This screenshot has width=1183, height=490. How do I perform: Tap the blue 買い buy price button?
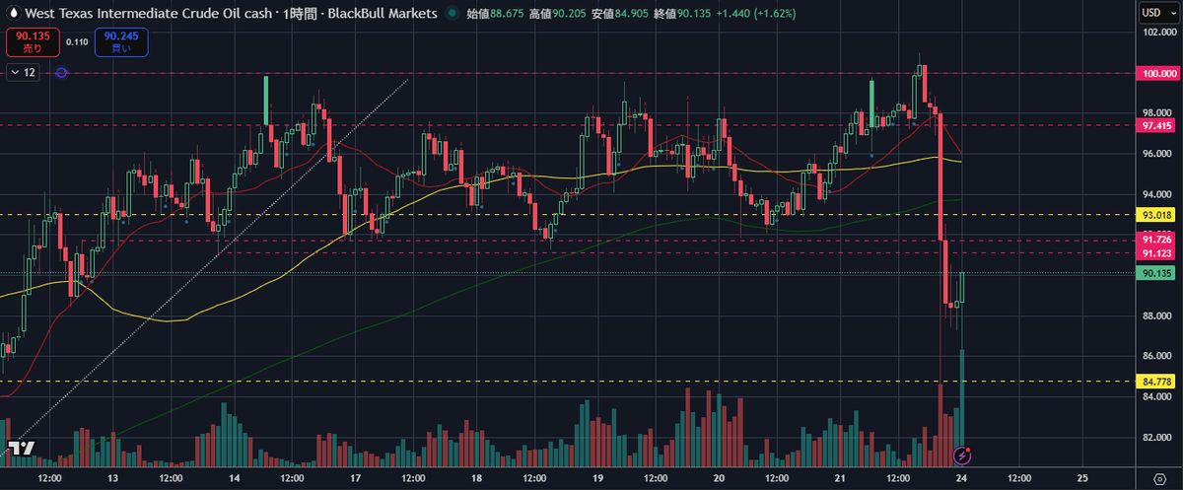pyautogui.click(x=116, y=42)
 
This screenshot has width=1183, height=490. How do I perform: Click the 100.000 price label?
pyautogui.click(x=1157, y=73)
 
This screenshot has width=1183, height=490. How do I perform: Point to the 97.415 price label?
pyautogui.click(x=1156, y=126)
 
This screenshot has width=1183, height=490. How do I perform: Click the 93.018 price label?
pyautogui.click(x=1156, y=214)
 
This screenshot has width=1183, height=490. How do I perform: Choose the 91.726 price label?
pyautogui.click(x=1156, y=240)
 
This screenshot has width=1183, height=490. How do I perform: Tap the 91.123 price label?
pyautogui.click(x=1156, y=254)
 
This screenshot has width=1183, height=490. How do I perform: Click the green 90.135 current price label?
pyautogui.click(x=1156, y=274)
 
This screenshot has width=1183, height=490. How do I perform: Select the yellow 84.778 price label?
pyautogui.click(x=1156, y=382)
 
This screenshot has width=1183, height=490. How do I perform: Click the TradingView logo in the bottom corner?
pyautogui.click(x=21, y=449)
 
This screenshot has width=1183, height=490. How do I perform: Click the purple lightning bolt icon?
pyautogui.click(x=964, y=455)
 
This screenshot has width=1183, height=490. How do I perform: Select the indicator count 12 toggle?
pyautogui.click(x=24, y=73)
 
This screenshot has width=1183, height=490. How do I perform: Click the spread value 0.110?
pyautogui.click(x=77, y=42)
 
